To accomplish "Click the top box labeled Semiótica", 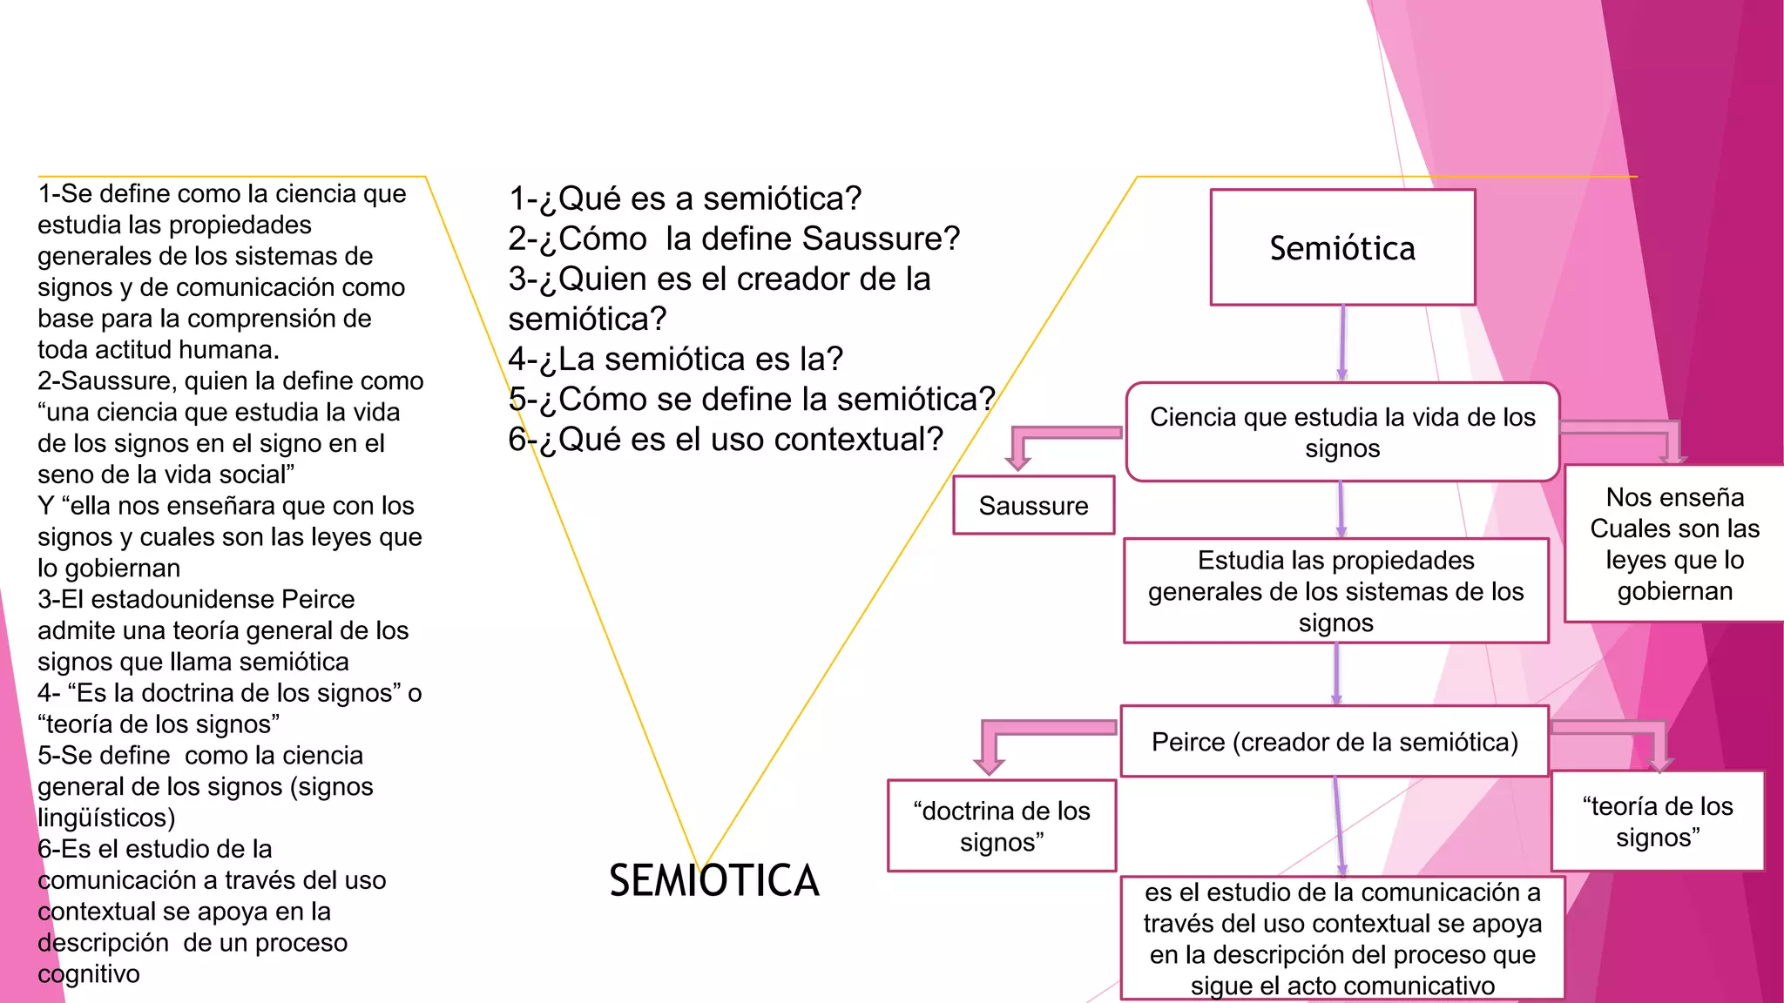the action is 1342,248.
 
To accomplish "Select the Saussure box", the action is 1033,506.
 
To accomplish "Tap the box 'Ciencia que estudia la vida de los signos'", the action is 1342,432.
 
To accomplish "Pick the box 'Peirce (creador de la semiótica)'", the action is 1335,742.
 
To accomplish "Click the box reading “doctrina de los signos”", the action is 1002,826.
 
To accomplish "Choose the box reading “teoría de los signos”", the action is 1658,821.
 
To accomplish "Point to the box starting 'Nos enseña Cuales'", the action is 1674,544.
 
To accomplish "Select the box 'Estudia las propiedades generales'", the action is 1335,591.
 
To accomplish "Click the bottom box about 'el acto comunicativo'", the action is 1342,939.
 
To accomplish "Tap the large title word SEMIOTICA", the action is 714,880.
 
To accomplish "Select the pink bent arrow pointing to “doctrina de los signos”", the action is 1019,736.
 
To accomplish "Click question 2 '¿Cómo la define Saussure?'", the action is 733,239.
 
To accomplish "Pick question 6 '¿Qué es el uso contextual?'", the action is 726,439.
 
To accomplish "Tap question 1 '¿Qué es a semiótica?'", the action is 685,199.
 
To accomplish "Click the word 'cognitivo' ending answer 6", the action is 88,973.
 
